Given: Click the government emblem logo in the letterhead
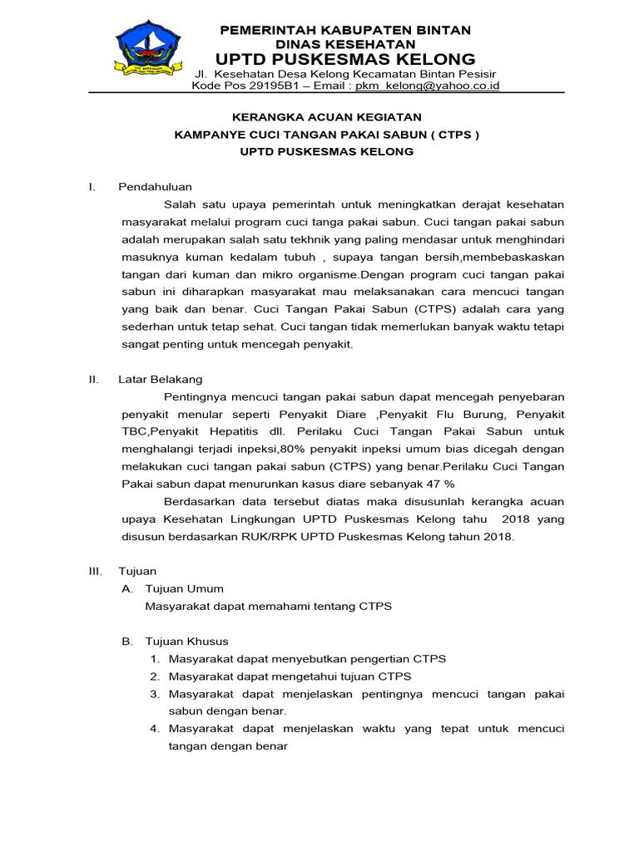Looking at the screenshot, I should point(147,52).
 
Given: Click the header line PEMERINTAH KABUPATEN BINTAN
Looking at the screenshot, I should point(344,30).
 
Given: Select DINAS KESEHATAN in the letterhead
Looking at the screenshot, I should point(344,43).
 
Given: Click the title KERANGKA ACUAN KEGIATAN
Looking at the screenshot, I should point(326,117).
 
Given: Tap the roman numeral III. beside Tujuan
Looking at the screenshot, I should point(96,571).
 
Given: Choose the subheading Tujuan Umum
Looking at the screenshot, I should point(185,588).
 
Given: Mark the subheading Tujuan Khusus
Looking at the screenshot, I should point(187,641).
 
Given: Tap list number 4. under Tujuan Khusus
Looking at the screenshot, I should point(155,728).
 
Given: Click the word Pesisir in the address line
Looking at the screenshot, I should point(480,72).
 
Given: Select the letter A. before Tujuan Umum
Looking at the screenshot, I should point(127,588).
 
